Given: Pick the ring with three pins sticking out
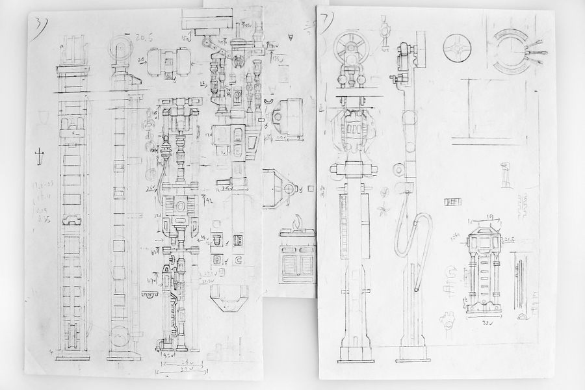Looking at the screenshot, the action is (x=517, y=51).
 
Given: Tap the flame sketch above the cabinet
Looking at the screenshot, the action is (x=298, y=224).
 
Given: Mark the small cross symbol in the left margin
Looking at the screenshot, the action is (x=40, y=156).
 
